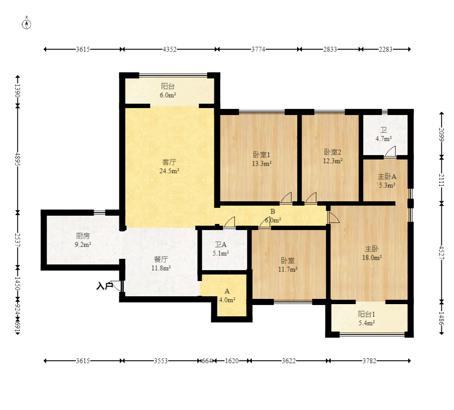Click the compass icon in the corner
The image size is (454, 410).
pos(26,24)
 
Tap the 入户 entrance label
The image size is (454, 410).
pos(105,286)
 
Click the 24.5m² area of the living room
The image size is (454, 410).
pos(169,171)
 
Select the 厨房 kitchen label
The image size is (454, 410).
pos(83,236)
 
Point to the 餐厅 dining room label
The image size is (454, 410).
pos(161,259)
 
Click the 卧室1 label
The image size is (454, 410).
pos(261,155)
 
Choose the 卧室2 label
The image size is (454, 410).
pos(332,152)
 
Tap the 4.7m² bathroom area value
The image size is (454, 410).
pos(384,139)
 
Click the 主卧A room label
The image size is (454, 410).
pos(387,176)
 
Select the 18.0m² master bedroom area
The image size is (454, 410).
pos(372,258)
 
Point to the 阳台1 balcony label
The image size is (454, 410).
pos(366,314)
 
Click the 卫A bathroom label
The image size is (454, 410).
pos(220,245)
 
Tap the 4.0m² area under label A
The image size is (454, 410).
pos(227,300)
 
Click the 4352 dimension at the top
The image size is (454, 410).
pos(169,49)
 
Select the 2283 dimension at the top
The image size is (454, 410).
pos(386,49)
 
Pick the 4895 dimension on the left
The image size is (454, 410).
pos(18,159)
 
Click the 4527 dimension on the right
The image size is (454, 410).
pos(441,253)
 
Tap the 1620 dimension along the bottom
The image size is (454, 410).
pos(232,361)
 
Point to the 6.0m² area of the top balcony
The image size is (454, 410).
pos(168,95)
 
